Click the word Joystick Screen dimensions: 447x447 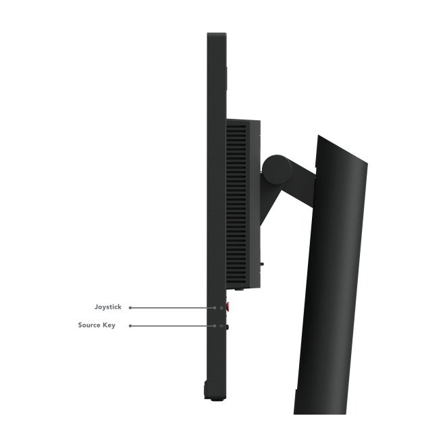click(108, 307)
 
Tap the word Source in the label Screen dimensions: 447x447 click(89, 325)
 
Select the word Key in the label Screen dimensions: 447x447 click(109, 325)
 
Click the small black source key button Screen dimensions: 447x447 click(228, 327)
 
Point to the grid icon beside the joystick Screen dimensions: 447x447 click(221, 308)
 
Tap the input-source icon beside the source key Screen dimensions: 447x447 click(221, 326)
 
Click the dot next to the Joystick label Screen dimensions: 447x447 click(130, 308)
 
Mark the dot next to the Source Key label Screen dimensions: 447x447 click(130, 326)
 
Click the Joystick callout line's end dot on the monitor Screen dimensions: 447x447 click(215, 308)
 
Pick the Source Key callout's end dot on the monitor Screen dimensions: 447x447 click(215, 326)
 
